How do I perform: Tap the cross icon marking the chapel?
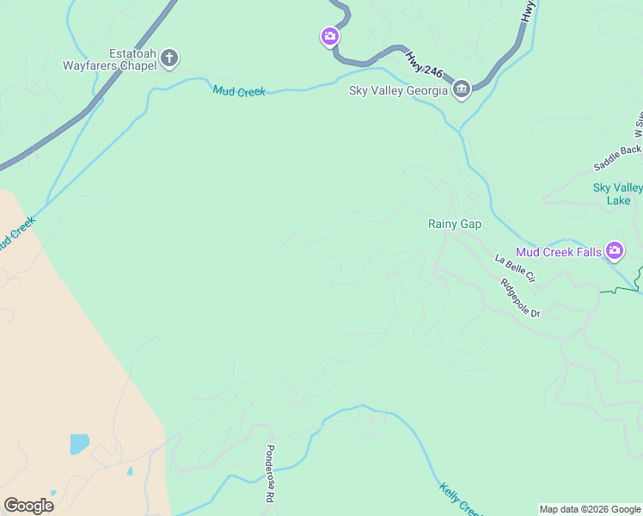point(169,58)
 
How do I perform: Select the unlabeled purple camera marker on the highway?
point(329,36)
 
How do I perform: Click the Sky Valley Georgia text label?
point(398,90)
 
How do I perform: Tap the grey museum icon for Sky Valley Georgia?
point(462,89)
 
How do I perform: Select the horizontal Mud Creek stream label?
point(239,91)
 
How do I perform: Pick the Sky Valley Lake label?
point(618,193)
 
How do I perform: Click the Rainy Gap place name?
point(455,224)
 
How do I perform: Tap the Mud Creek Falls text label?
point(559,252)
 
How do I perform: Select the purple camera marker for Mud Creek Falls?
point(615,251)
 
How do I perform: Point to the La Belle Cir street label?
point(515,268)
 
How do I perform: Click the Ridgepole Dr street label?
point(521,298)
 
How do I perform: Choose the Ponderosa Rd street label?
point(269,474)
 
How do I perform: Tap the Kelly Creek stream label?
point(454,498)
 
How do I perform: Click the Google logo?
point(28,506)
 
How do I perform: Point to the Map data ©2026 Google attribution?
point(590,509)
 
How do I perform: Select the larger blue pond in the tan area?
point(79,444)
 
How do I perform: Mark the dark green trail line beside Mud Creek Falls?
point(621,291)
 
